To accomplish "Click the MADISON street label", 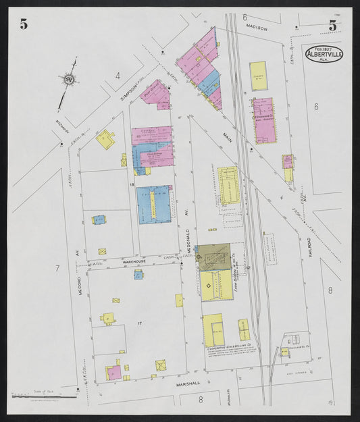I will [257, 29].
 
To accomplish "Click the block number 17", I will [139, 325].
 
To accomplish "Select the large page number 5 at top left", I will [24, 25].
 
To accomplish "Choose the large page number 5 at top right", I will [332, 26].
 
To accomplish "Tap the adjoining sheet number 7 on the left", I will [57, 269].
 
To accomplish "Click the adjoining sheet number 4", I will [118, 76].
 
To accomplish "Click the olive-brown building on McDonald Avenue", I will [213, 257].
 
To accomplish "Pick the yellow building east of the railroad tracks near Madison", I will [258, 76].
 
